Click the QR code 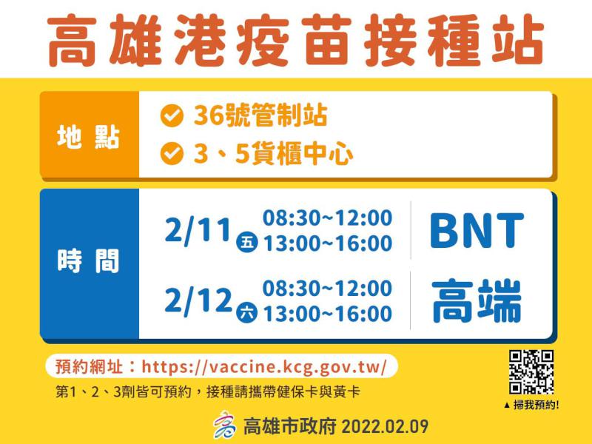(x=531, y=372)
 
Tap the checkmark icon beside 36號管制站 (x=172, y=115)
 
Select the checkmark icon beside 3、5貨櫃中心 (x=172, y=154)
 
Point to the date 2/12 (x=198, y=301)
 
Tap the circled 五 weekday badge (x=247, y=242)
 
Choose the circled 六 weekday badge (x=247, y=312)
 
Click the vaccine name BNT (x=477, y=230)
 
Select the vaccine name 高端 (x=477, y=301)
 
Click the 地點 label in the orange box (x=88, y=136)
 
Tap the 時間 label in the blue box (x=88, y=260)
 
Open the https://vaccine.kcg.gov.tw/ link (x=264, y=366)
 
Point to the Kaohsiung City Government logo (x=224, y=425)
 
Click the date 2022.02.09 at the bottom (x=385, y=427)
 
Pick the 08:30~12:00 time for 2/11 (x=327, y=218)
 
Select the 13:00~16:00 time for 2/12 (x=327, y=314)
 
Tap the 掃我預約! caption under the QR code (x=531, y=405)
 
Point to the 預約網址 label (x=89, y=366)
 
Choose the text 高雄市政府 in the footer (x=289, y=427)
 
